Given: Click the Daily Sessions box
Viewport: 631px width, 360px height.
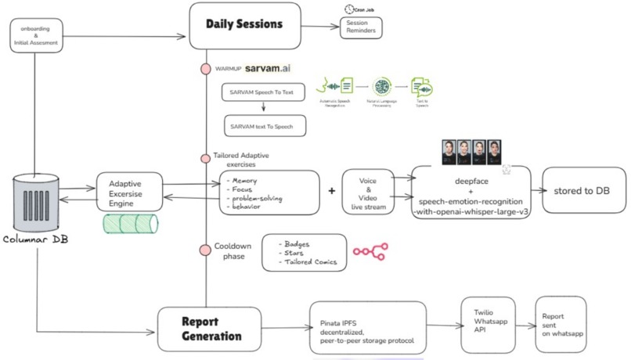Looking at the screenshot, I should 244,25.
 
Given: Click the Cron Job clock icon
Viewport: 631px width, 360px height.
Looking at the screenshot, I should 349,9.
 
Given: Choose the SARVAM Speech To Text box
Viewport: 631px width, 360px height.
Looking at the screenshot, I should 262,93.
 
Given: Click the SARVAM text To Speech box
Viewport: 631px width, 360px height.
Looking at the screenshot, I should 262,125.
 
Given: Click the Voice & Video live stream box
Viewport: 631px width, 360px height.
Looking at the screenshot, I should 367,193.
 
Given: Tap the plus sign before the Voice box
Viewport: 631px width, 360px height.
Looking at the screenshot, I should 332,191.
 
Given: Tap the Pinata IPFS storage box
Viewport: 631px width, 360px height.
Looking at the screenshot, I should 366,328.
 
